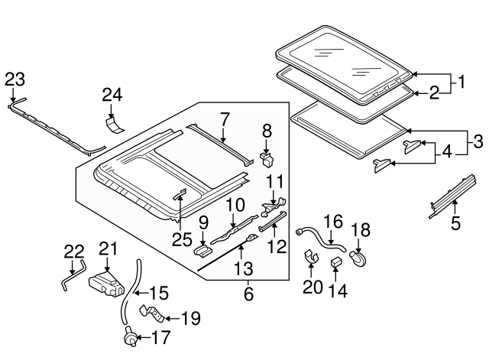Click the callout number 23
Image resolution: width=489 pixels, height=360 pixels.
tap(15, 79)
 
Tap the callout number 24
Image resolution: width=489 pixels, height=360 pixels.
tap(112, 95)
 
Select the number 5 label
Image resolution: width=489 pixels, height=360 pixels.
tap(455, 225)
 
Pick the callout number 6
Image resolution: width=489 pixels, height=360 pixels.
tap(248, 293)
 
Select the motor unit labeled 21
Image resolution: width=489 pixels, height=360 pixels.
tap(105, 284)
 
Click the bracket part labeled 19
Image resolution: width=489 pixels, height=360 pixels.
tap(152, 314)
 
